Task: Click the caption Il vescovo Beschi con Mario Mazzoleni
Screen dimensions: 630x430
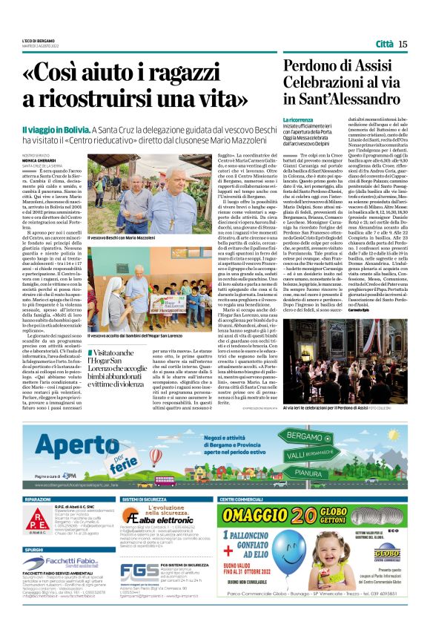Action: (x=121, y=237)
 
